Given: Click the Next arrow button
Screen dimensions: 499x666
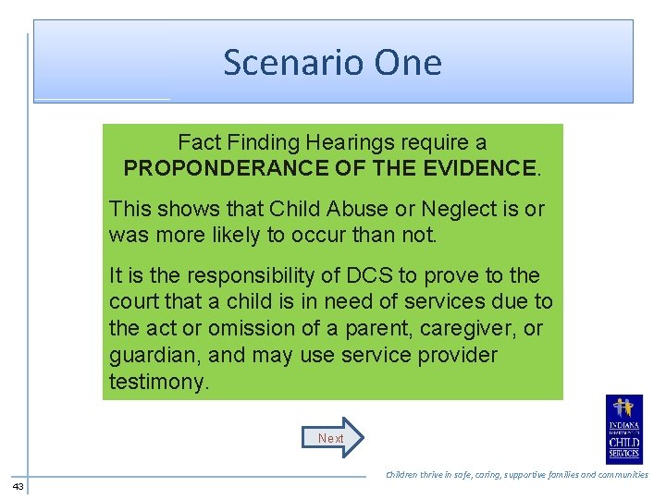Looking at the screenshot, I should click(333, 438).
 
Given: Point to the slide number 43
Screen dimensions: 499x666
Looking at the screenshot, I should click(18, 486).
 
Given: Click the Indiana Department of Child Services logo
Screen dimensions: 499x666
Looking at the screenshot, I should click(624, 430).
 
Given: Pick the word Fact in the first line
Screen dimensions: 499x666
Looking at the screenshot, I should click(198, 142).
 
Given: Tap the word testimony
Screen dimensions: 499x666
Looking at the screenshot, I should click(158, 382).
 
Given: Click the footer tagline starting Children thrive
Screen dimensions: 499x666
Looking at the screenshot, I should click(516, 475).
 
